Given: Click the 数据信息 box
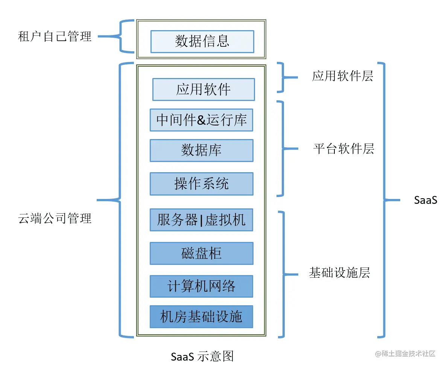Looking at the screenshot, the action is point(202,41).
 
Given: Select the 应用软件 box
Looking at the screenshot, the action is point(204,90).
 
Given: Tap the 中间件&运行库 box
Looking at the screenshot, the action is point(202,120).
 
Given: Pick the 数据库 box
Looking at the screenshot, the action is point(202,150).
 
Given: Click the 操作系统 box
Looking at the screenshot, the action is point(202,183).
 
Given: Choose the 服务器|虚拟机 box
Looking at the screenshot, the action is point(202,220).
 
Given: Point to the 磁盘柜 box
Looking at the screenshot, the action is point(202,253).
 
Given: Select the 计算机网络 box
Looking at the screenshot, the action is point(202,286).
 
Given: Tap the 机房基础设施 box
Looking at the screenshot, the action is point(202,317).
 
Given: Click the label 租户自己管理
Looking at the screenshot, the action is point(55,37).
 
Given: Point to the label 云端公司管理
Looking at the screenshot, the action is point(55,218).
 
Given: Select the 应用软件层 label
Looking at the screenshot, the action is point(343,76).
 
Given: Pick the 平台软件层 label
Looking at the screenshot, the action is point(344,149).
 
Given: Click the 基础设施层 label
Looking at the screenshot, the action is point(339,273).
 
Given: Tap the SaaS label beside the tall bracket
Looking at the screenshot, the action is point(425,200).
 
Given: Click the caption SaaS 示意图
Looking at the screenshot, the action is point(202,356).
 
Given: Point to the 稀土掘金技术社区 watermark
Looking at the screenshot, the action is point(405,353).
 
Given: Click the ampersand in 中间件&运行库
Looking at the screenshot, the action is point(201,120).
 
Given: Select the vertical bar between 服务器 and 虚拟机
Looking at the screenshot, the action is point(201,220).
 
